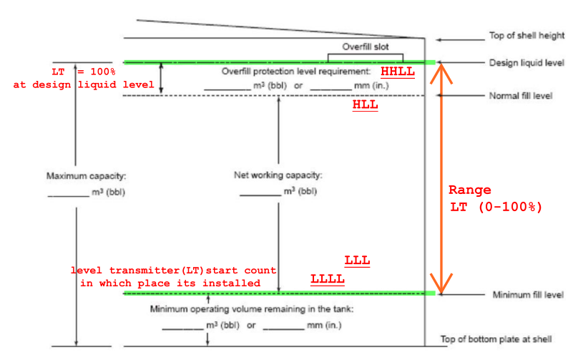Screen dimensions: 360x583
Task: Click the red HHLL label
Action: click(397, 72)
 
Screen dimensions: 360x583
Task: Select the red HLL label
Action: click(365, 104)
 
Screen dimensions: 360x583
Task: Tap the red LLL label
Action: click(357, 261)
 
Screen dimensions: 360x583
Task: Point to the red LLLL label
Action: click(328, 278)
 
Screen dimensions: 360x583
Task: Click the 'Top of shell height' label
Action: click(526, 36)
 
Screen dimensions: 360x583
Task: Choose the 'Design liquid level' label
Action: click(526, 63)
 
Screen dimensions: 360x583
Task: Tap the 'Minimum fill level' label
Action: click(528, 295)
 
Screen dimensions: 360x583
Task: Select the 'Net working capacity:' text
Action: click(278, 175)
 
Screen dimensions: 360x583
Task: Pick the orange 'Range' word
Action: click(469, 190)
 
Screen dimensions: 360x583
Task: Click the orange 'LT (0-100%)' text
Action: click(496, 207)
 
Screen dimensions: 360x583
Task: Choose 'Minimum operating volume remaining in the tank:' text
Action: click(252, 309)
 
